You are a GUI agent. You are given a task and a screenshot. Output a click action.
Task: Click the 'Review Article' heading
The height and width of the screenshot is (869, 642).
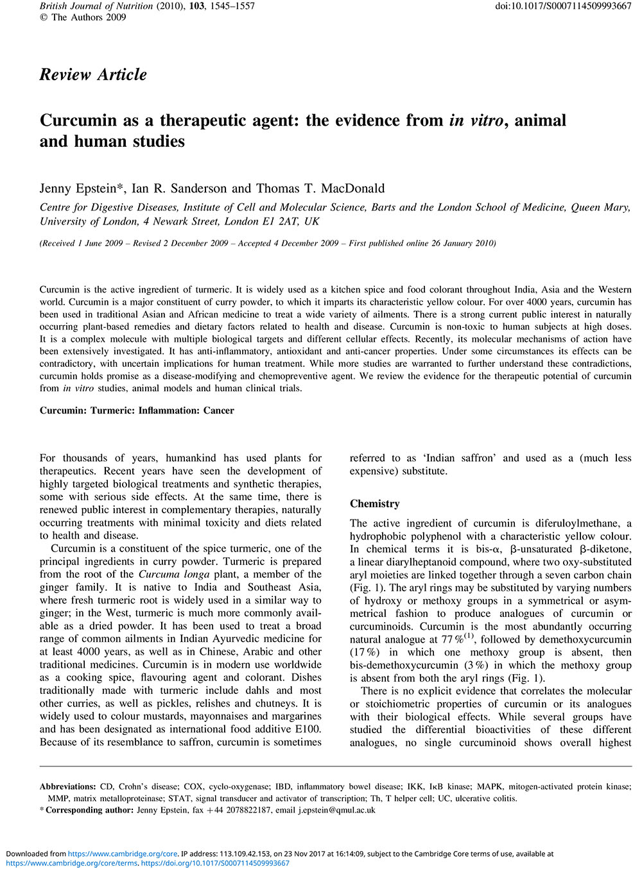93,75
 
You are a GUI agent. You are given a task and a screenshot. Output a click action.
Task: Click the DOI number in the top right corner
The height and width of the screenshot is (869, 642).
563,6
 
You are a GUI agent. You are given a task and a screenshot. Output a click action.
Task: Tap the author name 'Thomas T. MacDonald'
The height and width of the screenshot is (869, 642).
320,189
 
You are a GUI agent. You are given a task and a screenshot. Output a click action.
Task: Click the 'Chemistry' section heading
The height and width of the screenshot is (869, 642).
374,504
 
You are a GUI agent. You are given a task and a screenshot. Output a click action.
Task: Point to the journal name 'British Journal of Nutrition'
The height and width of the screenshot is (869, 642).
96,6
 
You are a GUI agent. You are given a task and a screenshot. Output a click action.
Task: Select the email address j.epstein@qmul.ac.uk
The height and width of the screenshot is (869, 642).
336,810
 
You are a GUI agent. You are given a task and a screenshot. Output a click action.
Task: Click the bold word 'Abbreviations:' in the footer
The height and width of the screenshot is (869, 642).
67,786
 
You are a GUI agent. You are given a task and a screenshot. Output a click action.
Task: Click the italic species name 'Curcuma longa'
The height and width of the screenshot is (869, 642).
174,575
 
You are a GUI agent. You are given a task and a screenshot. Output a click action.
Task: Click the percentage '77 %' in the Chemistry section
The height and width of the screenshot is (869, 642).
452,640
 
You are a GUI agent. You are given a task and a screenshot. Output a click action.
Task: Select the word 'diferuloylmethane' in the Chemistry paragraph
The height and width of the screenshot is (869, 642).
578,523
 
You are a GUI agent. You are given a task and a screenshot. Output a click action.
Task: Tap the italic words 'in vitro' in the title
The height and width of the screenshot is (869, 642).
476,121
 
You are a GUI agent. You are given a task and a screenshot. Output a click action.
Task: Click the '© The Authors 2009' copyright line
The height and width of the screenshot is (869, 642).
83,17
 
